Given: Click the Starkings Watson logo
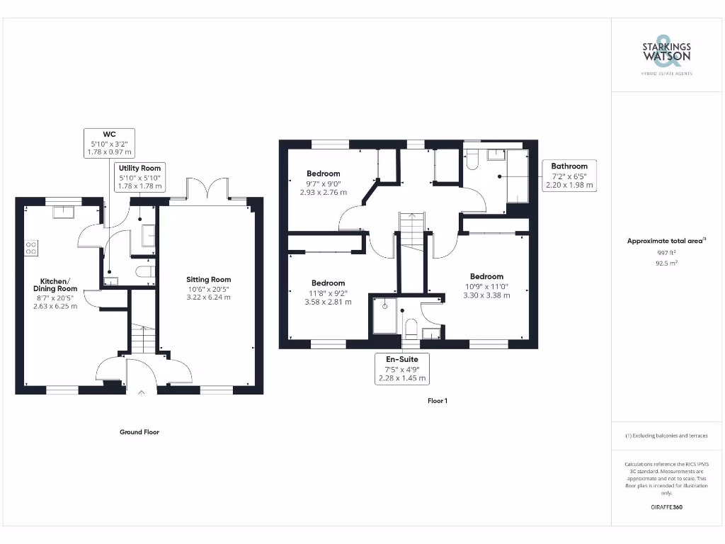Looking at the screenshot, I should (666, 54).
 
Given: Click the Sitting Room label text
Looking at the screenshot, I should (208, 279).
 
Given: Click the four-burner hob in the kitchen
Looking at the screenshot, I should (32, 248).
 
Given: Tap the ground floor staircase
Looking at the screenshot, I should (142, 338).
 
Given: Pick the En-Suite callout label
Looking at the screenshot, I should (401, 359).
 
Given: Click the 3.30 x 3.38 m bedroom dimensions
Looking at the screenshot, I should (486, 295).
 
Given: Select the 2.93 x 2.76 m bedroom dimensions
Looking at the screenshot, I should (323, 192).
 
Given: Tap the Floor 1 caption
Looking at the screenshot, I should (438, 401).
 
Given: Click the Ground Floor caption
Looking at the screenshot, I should (139, 431).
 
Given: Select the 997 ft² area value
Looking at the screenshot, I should (666, 252).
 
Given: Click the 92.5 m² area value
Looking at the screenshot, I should (666, 263).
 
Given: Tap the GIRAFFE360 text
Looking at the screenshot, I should (666, 507).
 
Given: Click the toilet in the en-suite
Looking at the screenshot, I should (410, 327).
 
